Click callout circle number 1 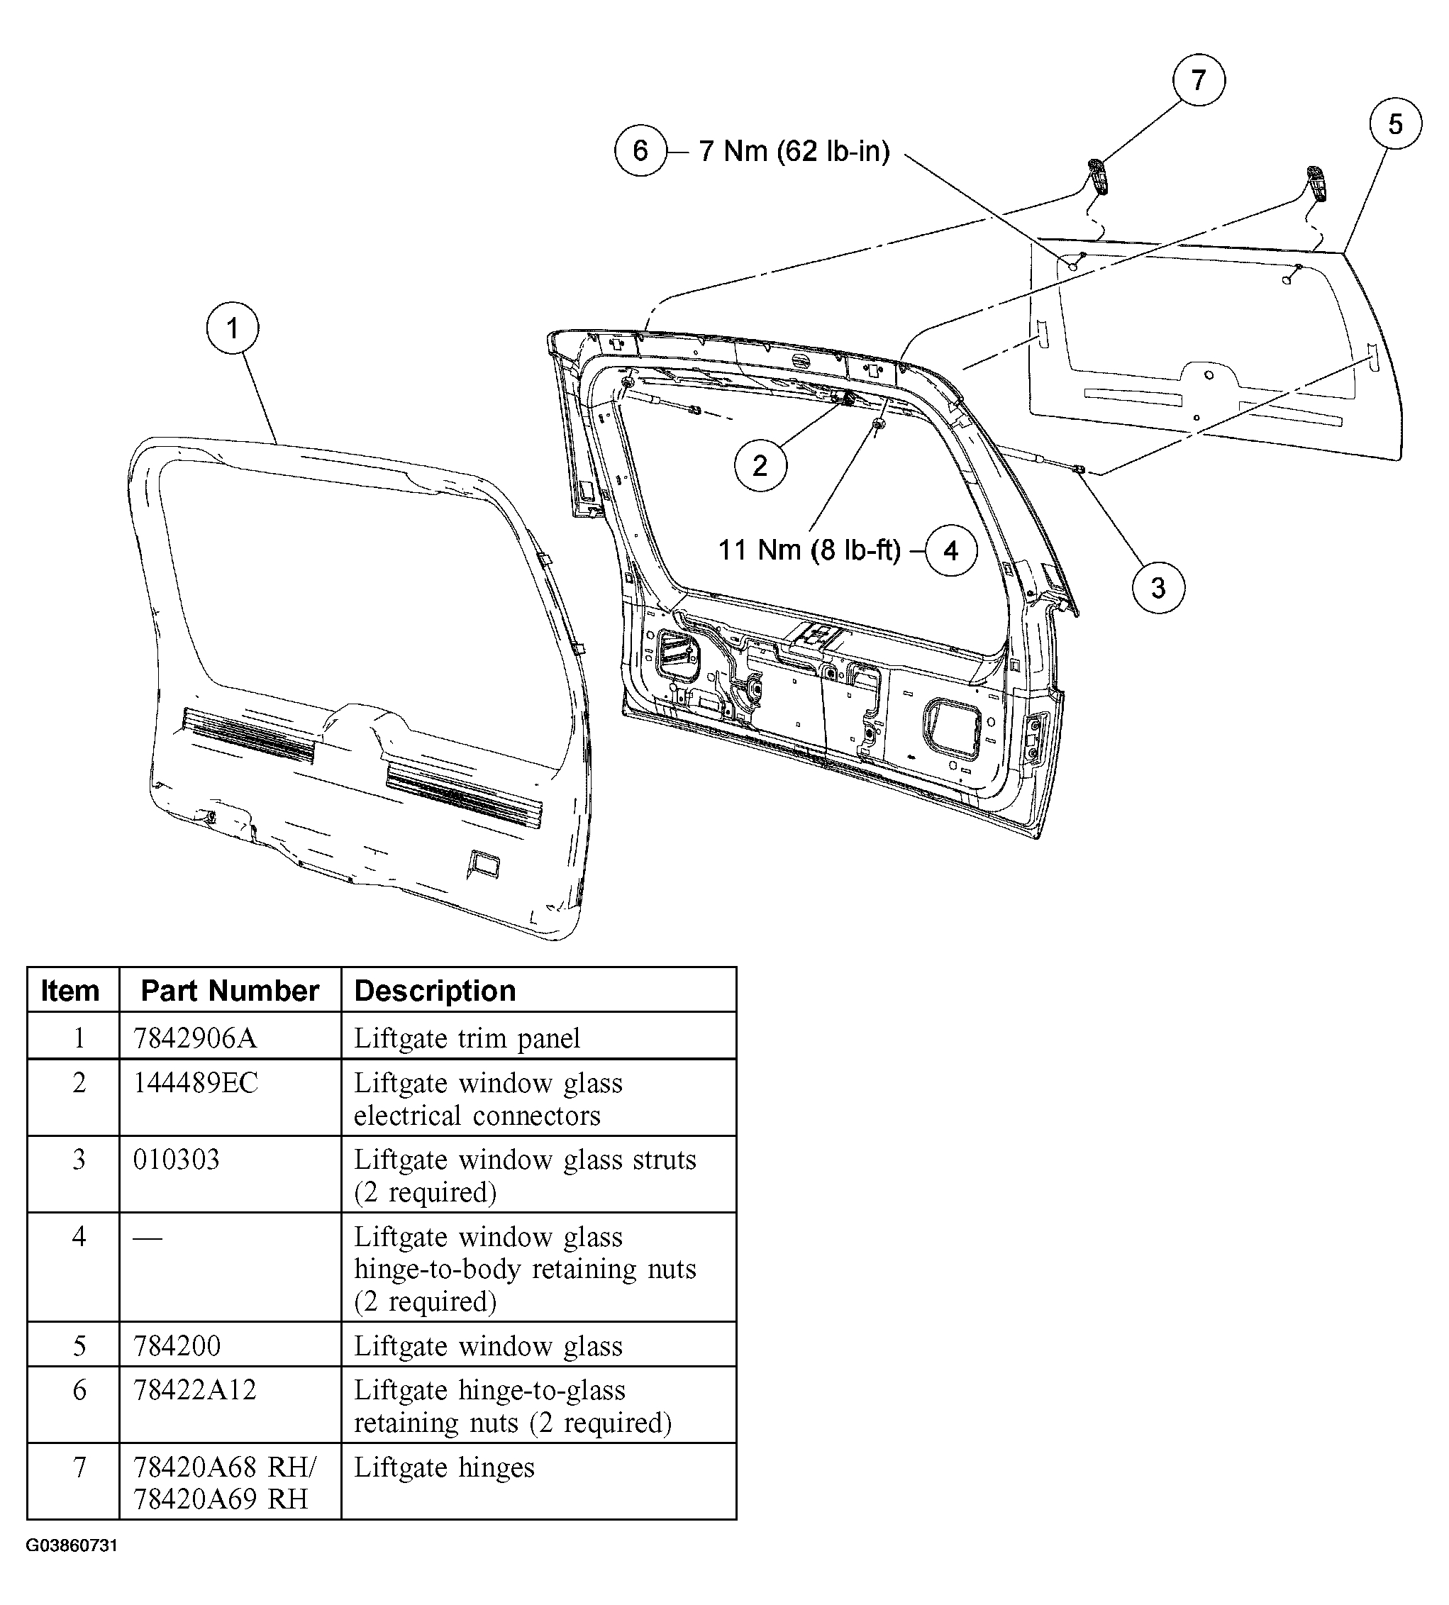click(233, 328)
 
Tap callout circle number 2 click(760, 465)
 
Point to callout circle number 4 click(950, 550)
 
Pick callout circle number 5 click(1396, 124)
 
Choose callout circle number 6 click(640, 150)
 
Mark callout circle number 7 click(1198, 79)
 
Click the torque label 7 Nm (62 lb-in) click(794, 150)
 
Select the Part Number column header click(229, 990)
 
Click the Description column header click(435, 990)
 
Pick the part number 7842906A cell click(194, 1038)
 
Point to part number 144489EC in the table click(195, 1083)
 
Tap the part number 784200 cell click(177, 1345)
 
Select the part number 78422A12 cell click(194, 1390)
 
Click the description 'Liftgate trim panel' click(467, 1038)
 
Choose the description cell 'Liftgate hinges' click(443, 1467)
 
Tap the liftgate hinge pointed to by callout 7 click(1099, 176)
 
